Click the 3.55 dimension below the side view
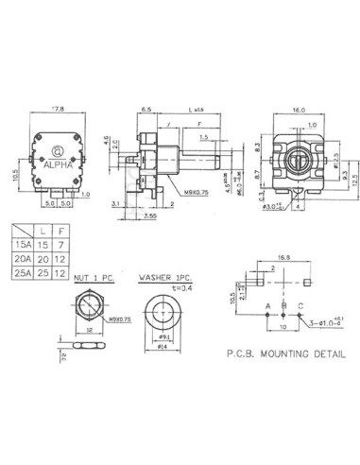150,215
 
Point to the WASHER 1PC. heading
164,279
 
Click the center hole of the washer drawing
163,312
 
